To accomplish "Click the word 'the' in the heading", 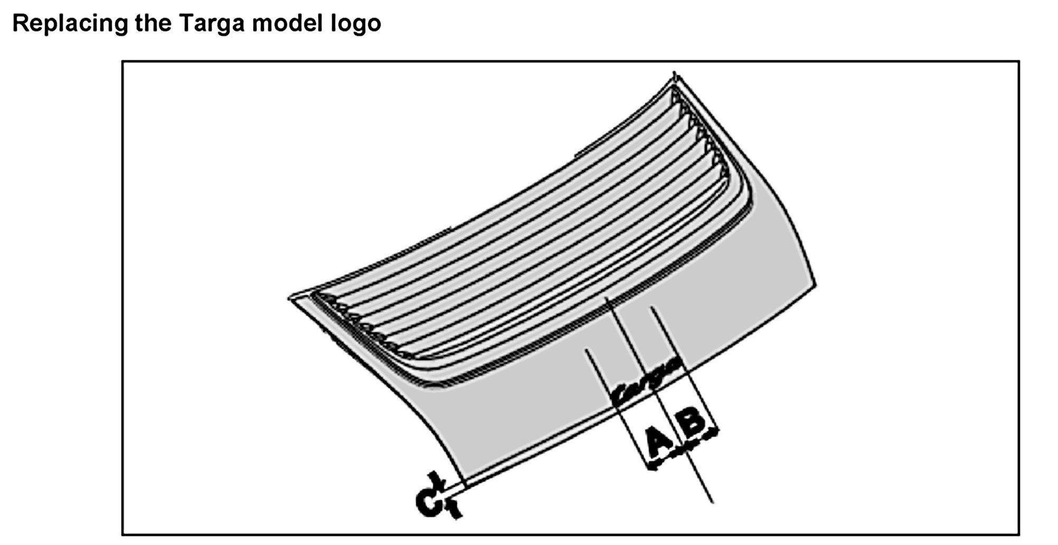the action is pyautogui.click(x=153, y=23).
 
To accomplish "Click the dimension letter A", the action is pyautogui.click(x=659, y=443).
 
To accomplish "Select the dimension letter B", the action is pyautogui.click(x=693, y=421).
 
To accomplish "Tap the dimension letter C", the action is pyautogui.click(x=429, y=503).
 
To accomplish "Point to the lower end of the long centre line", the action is pyautogui.click(x=712, y=502).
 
